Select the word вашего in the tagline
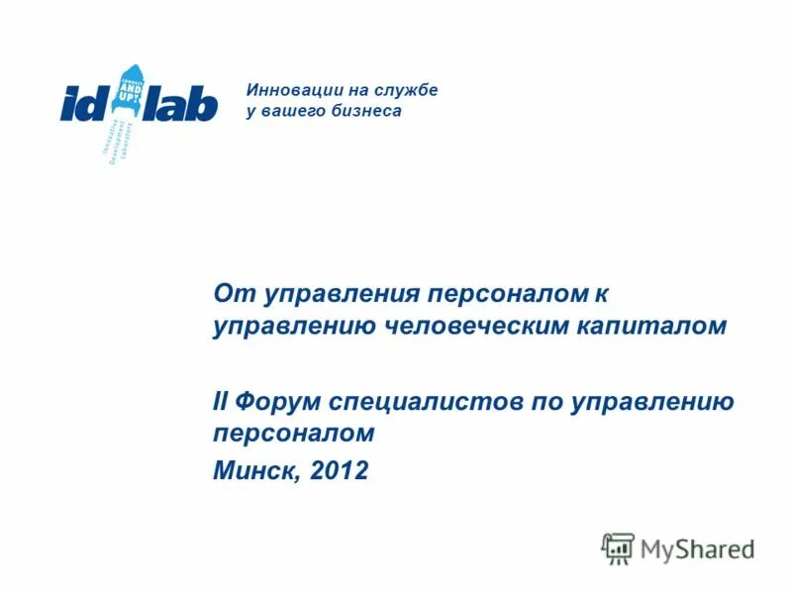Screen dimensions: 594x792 292,111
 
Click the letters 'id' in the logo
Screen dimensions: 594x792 87,102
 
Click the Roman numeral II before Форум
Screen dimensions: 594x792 220,402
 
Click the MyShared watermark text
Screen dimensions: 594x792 697,547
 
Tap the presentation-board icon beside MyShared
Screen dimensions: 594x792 618,547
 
